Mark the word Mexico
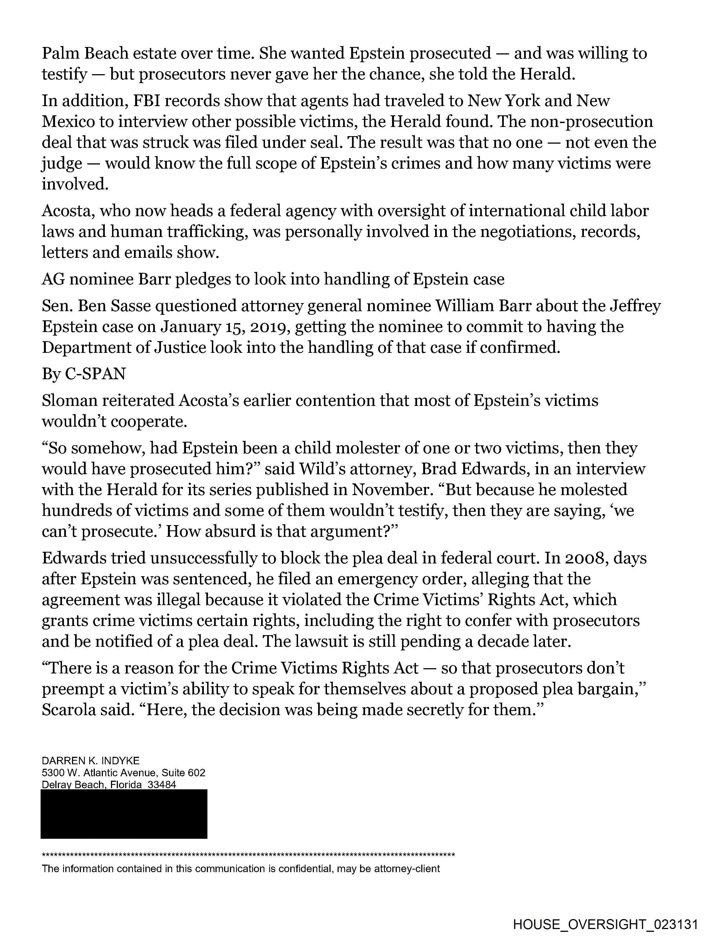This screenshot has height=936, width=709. coord(68,122)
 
